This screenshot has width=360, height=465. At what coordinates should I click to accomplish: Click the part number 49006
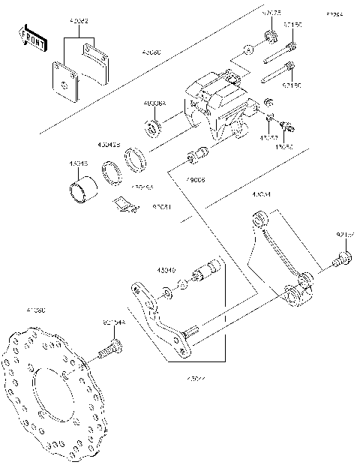[196, 181]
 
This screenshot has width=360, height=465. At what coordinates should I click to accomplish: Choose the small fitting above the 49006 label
[196, 158]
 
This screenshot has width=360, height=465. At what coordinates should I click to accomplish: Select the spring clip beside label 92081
[125, 204]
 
